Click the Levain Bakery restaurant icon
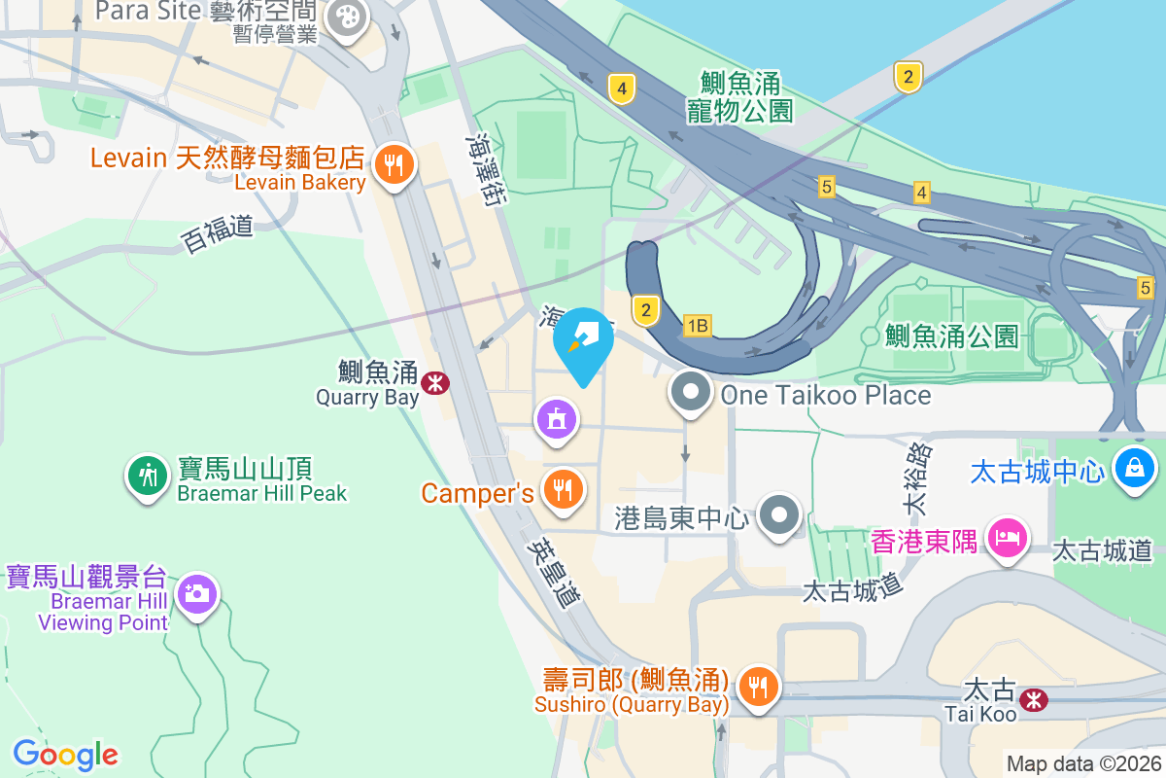click(393, 165)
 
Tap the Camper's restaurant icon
click(562, 489)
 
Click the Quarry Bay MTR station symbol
click(434, 383)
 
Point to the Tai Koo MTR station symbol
click(1034, 698)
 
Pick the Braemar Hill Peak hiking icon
click(148, 477)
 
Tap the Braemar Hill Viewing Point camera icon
click(197, 593)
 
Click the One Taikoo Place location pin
click(691, 393)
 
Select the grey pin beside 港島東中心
click(779, 514)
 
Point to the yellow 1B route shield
click(697, 326)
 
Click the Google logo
click(65, 755)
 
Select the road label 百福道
click(218, 233)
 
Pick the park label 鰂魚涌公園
click(951, 336)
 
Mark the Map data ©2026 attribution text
click(1083, 763)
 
